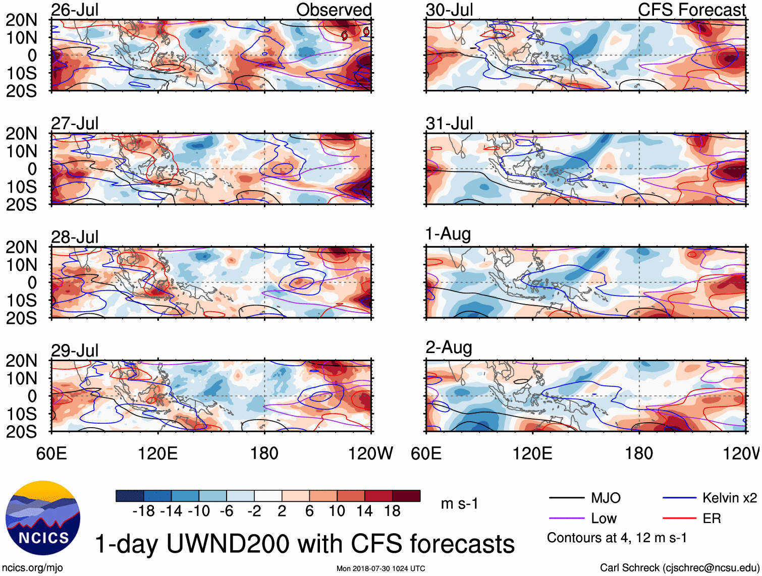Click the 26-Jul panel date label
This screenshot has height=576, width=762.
point(75,10)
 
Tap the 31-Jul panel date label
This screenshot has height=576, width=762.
point(449,123)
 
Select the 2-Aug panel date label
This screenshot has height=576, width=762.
point(449,347)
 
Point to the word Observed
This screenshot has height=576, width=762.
point(334,10)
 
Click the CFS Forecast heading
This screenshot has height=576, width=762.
point(691,10)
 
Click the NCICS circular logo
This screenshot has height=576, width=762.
point(43,518)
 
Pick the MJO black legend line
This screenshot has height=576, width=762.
point(566,498)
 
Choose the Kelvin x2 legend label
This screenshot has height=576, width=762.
point(729,498)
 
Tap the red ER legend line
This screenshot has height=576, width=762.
point(679,519)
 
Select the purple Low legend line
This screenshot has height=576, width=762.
point(566,519)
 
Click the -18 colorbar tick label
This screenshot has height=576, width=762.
point(143,511)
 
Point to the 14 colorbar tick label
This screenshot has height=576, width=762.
point(364,511)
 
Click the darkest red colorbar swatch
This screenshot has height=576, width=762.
point(406,496)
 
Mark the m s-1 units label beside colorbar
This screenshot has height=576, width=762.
point(459,503)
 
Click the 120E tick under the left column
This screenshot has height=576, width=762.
point(158,453)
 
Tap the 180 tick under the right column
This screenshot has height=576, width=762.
point(639,453)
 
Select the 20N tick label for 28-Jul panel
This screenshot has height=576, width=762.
point(21,247)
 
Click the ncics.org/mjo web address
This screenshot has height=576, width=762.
point(32,567)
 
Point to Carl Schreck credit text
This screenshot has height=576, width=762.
point(679,567)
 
